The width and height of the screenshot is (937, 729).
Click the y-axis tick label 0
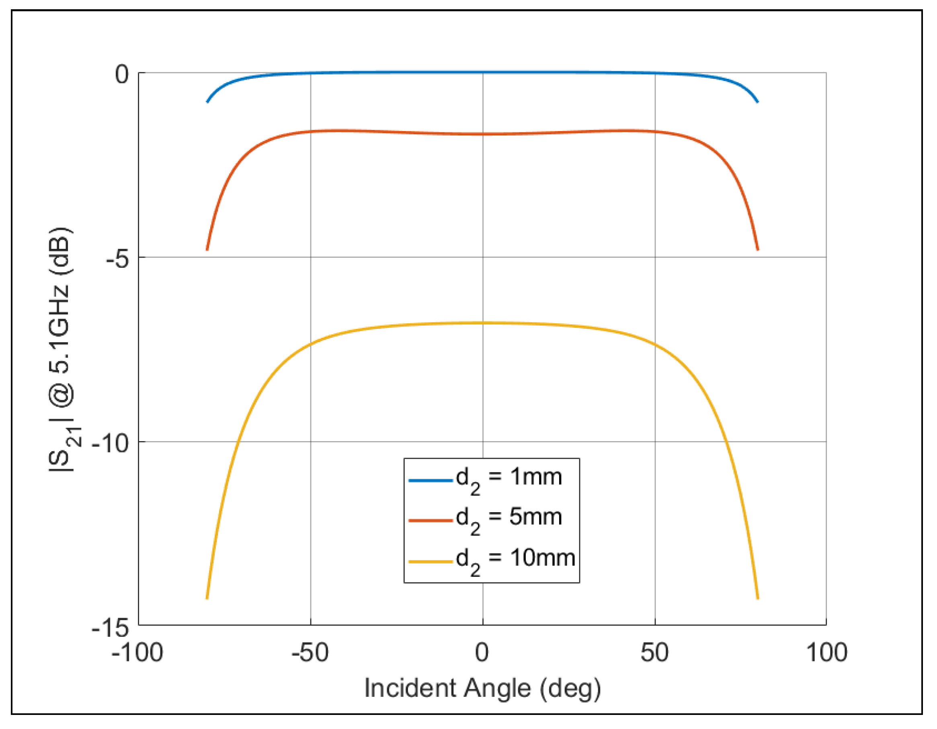[x=122, y=75]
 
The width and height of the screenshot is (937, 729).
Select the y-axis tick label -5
[x=117, y=259]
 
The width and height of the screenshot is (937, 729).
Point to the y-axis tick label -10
[x=110, y=443]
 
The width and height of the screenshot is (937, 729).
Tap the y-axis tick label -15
[x=110, y=628]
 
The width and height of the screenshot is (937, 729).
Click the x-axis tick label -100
[x=137, y=653]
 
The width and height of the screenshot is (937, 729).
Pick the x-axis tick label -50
[x=310, y=653]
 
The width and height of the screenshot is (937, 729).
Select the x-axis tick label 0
[x=482, y=653]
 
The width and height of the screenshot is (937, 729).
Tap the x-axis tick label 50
[x=654, y=653]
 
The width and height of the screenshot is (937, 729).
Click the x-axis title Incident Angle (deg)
[x=482, y=689]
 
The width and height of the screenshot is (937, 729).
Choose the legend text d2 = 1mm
[x=509, y=479]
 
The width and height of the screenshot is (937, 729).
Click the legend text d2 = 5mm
[x=509, y=519]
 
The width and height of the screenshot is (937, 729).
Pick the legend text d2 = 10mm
[x=515, y=560]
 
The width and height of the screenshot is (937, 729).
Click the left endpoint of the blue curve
[x=207, y=102]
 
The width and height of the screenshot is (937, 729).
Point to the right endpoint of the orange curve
[x=758, y=249]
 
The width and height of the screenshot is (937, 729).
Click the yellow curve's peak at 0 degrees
[x=483, y=322]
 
